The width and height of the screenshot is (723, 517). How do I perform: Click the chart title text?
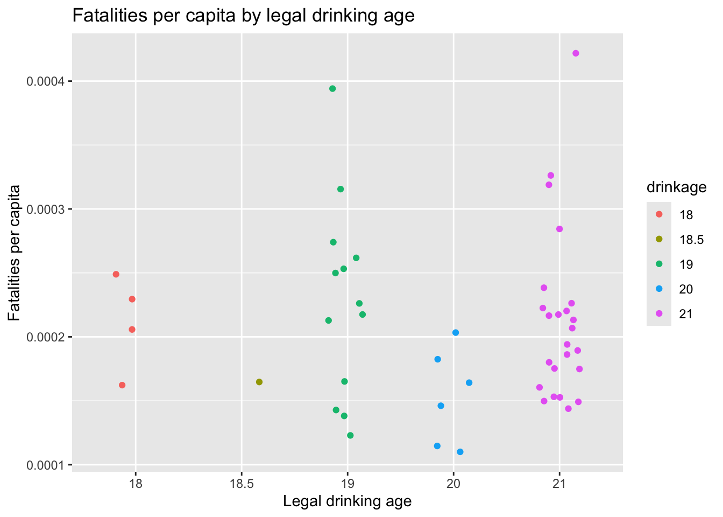coord(243,16)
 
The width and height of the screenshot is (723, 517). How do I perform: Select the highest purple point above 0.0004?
coord(576,53)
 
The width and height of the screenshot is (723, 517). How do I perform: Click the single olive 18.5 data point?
coord(259,382)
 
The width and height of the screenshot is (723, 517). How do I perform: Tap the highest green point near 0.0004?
coord(332,88)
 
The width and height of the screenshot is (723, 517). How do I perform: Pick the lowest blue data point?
coord(460,452)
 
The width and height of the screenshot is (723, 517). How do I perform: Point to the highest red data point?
coord(116,274)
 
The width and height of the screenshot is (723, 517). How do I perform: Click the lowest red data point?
coord(122,385)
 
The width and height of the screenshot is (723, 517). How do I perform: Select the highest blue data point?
coord(456,333)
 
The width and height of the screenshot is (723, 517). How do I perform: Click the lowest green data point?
coord(350,435)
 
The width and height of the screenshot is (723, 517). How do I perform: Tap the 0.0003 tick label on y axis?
coord(45,209)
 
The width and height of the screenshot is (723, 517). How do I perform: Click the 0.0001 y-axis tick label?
coord(45,465)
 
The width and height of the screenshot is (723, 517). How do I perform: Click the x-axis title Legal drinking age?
coord(347,502)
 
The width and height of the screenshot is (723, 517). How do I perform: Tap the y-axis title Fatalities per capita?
coord(15,253)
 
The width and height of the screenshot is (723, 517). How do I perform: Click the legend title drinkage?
coord(676,187)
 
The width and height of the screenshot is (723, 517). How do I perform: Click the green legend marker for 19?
coord(659,264)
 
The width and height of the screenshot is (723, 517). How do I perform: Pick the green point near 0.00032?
coord(341,189)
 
